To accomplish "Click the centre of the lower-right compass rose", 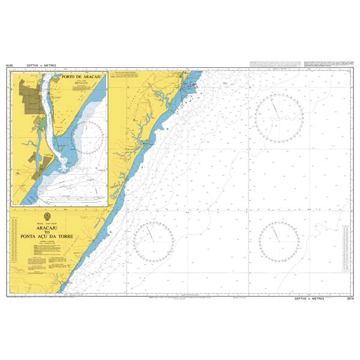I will click(x=280, y=241).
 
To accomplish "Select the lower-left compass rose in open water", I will click(x=154, y=241).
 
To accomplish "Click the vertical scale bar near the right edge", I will click(x=346, y=246).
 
